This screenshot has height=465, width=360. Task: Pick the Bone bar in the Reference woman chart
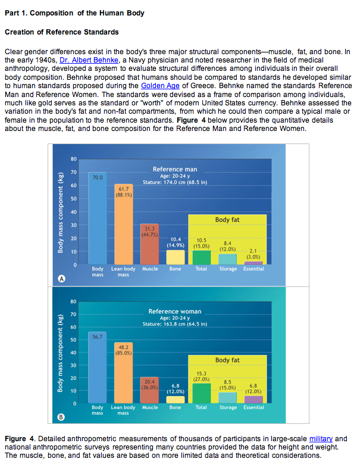[175, 399]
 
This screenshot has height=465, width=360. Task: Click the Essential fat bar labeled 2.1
[253, 262]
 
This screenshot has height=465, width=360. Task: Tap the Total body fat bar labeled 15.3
[201, 393]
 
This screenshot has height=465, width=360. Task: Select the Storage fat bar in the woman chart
[227, 398]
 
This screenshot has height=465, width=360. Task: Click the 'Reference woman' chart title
[175, 311]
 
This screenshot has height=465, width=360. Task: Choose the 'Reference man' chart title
[175, 170]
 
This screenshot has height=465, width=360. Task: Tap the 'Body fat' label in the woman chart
[227, 360]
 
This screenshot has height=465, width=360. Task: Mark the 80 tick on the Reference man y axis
[73, 158]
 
